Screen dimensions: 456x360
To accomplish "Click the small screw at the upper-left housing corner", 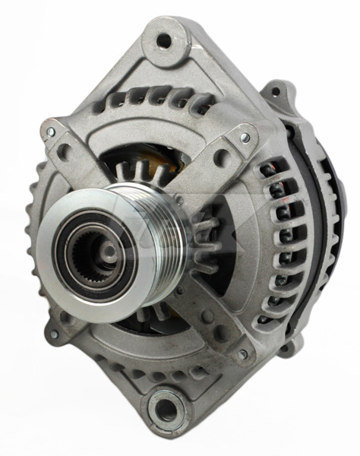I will [51, 131].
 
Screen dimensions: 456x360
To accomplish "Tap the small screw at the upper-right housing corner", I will [245, 137].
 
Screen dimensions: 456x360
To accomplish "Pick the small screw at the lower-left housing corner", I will [54, 332].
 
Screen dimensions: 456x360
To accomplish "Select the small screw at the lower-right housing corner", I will [242, 353].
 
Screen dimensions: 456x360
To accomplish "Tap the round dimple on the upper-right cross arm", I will [219, 157].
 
